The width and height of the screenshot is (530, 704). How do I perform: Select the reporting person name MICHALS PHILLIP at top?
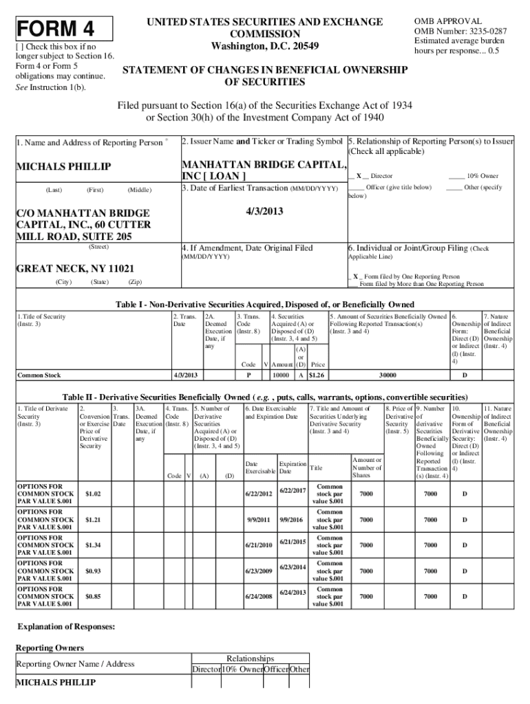(x=63, y=167)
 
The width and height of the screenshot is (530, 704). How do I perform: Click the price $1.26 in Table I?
(x=316, y=375)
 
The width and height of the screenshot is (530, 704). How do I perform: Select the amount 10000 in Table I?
(x=280, y=375)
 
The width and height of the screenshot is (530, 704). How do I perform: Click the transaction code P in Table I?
(x=248, y=375)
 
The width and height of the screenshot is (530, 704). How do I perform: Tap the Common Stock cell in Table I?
(x=39, y=375)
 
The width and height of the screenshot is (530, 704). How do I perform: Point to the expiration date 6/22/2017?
(x=293, y=489)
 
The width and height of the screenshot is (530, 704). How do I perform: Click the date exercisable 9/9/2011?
(x=257, y=520)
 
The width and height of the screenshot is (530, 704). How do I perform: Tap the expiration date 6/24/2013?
(x=293, y=592)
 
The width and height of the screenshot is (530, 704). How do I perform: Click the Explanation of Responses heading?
(x=65, y=627)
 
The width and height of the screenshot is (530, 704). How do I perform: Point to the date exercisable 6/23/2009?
(x=257, y=571)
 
